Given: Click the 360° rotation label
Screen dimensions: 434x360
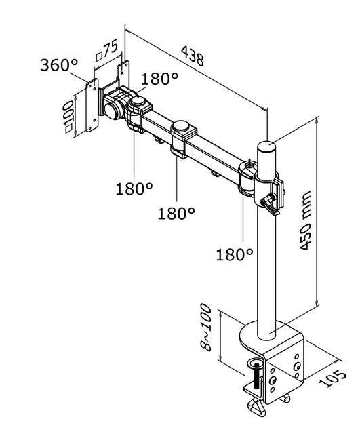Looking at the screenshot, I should [x=59, y=66].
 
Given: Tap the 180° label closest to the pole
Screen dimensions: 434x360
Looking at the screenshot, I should [x=235, y=254].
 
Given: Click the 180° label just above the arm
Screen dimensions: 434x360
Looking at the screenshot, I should [x=160, y=79].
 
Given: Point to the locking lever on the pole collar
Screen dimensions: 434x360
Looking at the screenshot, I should [x=272, y=203].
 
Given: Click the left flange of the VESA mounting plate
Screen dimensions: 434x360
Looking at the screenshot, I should [x=92, y=106].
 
